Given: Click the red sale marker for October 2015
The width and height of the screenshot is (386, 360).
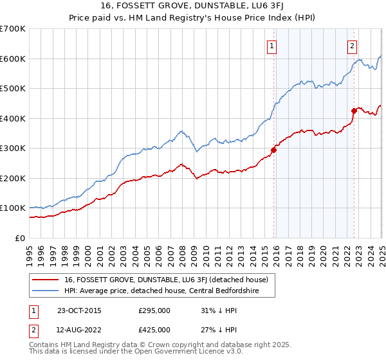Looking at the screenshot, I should (x=273, y=150).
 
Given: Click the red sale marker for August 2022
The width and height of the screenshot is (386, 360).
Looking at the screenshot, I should (x=354, y=111).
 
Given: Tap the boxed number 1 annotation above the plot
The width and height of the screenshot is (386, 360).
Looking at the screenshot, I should (x=272, y=46).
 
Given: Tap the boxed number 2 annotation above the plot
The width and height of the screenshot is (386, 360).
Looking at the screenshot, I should (x=353, y=46).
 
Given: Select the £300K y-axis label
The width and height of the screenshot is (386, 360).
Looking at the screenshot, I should (x=13, y=148).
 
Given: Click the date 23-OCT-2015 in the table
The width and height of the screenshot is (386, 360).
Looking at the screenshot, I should (x=79, y=310).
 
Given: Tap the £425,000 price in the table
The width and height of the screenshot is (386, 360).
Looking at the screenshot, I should (x=154, y=330).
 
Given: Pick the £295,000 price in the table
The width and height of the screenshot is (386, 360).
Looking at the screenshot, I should (x=154, y=310).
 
